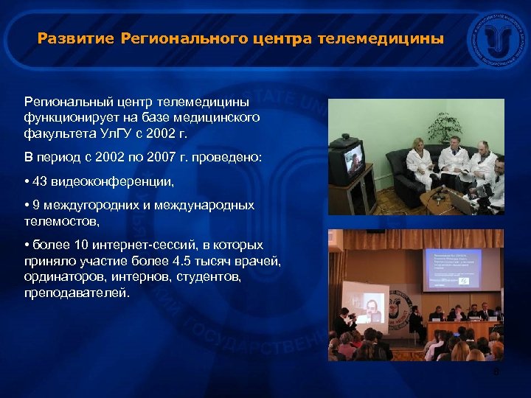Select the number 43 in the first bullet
[41, 181]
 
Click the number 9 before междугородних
[37, 206]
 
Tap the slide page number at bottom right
[496, 372]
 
